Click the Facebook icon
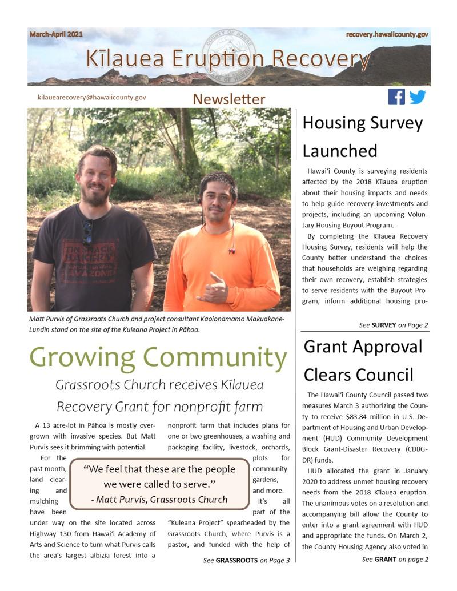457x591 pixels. pos(396,97)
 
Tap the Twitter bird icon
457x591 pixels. pos(418,97)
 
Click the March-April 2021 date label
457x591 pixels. pos(56,34)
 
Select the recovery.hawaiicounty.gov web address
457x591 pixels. pos(387,35)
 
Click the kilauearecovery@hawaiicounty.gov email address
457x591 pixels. pos(91,98)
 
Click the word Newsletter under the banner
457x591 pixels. pos(228,99)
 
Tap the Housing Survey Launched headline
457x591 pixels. pos(362,136)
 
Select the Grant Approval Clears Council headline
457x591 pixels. pos(363,360)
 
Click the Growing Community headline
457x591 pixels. pos(158,357)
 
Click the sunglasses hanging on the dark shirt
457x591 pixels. pos(87,232)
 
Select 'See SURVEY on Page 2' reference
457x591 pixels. pos(394,325)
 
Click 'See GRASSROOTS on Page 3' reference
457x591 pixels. pos(246,560)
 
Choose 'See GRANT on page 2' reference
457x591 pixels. pos(395,559)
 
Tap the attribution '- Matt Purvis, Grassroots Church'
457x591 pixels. pos(159,500)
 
